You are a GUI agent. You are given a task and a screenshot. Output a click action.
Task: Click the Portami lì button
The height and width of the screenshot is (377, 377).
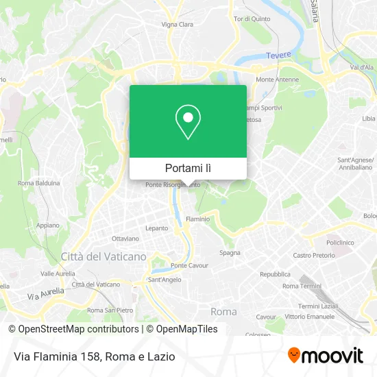click(188, 168)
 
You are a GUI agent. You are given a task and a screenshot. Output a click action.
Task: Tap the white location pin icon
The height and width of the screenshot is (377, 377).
click(188, 122)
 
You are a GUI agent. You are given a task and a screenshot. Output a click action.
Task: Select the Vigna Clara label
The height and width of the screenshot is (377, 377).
click(178, 24)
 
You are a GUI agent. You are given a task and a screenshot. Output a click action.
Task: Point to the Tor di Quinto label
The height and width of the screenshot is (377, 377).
click(249, 20)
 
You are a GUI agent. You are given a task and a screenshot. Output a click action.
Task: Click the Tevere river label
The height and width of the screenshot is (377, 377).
click(279, 55)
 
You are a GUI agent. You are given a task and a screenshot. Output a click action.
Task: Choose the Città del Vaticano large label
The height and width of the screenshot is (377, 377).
click(104, 256)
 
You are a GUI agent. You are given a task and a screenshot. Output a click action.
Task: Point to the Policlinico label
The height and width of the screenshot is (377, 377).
click(340, 243)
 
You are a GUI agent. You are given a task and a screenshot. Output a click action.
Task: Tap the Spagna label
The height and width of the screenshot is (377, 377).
click(230, 252)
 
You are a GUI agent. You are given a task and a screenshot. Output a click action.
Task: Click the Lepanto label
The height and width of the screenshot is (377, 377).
click(156, 228)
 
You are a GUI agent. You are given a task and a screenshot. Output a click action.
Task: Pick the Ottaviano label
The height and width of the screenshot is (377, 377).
click(125, 239)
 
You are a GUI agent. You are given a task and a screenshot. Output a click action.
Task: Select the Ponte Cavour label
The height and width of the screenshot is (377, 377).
click(188, 265)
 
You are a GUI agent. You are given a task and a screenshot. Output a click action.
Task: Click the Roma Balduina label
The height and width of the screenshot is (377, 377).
click(39, 183)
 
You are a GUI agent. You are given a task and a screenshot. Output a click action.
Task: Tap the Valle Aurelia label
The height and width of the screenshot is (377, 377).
click(58, 273)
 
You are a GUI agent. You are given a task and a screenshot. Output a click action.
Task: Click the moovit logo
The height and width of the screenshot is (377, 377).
click(325, 355)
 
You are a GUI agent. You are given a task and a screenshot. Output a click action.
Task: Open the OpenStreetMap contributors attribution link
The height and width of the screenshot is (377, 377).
click(74, 329)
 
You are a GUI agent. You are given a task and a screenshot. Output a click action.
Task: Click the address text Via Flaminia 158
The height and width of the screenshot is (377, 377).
click(58, 356)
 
